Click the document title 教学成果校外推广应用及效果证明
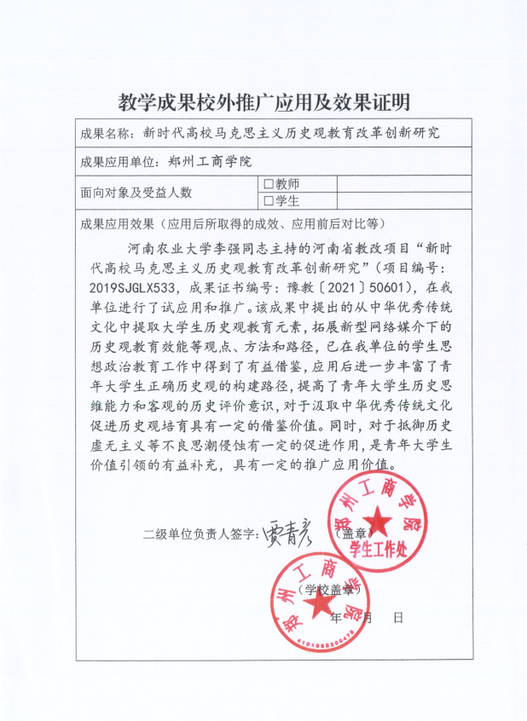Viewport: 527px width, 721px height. (263, 103)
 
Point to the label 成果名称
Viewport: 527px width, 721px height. (106, 134)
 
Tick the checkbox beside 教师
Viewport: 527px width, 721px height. (268, 183)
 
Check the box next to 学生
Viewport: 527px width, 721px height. (268, 201)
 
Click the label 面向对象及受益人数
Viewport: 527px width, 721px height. (136, 193)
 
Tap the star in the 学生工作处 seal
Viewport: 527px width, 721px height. (376, 521)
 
